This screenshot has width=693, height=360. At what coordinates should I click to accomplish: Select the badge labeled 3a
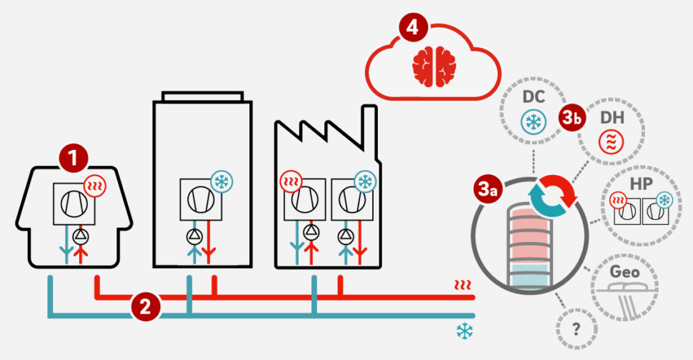tap(489, 189)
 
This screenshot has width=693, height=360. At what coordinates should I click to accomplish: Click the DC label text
tap(533, 96)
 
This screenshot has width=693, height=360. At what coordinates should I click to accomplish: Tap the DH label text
tap(610, 116)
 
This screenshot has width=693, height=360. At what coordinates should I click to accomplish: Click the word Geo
tap(624, 271)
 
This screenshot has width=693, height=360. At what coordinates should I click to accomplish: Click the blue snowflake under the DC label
tap(533, 121)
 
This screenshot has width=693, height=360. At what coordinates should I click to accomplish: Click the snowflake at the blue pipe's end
tap(464, 331)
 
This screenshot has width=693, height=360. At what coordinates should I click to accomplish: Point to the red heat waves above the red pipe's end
tap(463, 286)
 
